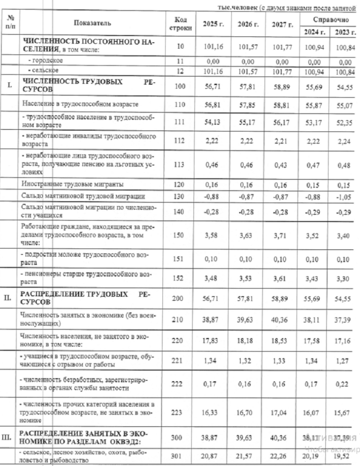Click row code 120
tap(181, 185)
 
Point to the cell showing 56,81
tap(213, 105)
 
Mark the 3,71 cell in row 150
tap(283, 236)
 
